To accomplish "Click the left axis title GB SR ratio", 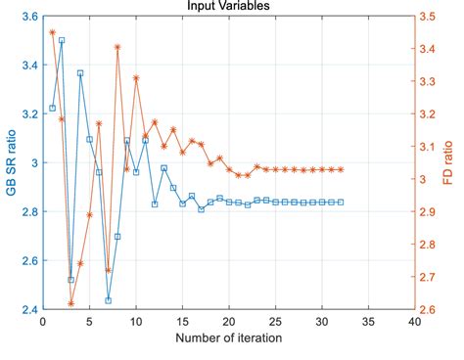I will [12, 162].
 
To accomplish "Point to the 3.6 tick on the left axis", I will [29, 17].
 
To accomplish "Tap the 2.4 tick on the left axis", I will [29, 309].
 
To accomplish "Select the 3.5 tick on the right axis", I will [427, 17].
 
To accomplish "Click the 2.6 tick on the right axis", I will [427, 309].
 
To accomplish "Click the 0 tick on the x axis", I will [43, 321].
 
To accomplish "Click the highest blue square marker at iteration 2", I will [62, 41].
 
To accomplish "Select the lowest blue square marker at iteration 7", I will [108, 300].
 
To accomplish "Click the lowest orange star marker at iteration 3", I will [70, 303].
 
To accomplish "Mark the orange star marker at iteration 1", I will [52, 32].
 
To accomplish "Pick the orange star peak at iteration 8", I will [117, 47].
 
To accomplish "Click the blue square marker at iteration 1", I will [52, 108].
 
